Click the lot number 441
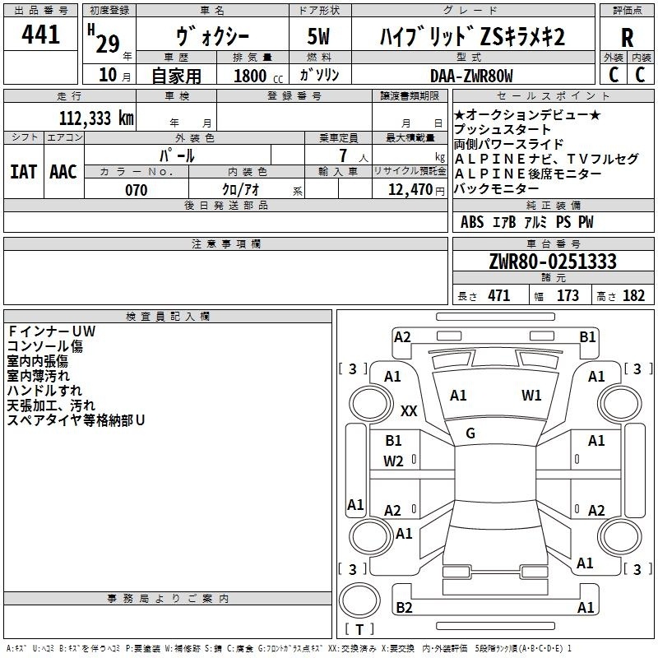(x=40, y=35)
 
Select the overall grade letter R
(x=627, y=38)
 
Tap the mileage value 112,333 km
(x=96, y=118)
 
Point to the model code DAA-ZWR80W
(x=471, y=76)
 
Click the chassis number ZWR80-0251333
(x=553, y=262)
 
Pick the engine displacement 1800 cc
(x=258, y=76)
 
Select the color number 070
(x=137, y=190)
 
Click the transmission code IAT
(x=24, y=172)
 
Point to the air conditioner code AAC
(x=63, y=172)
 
